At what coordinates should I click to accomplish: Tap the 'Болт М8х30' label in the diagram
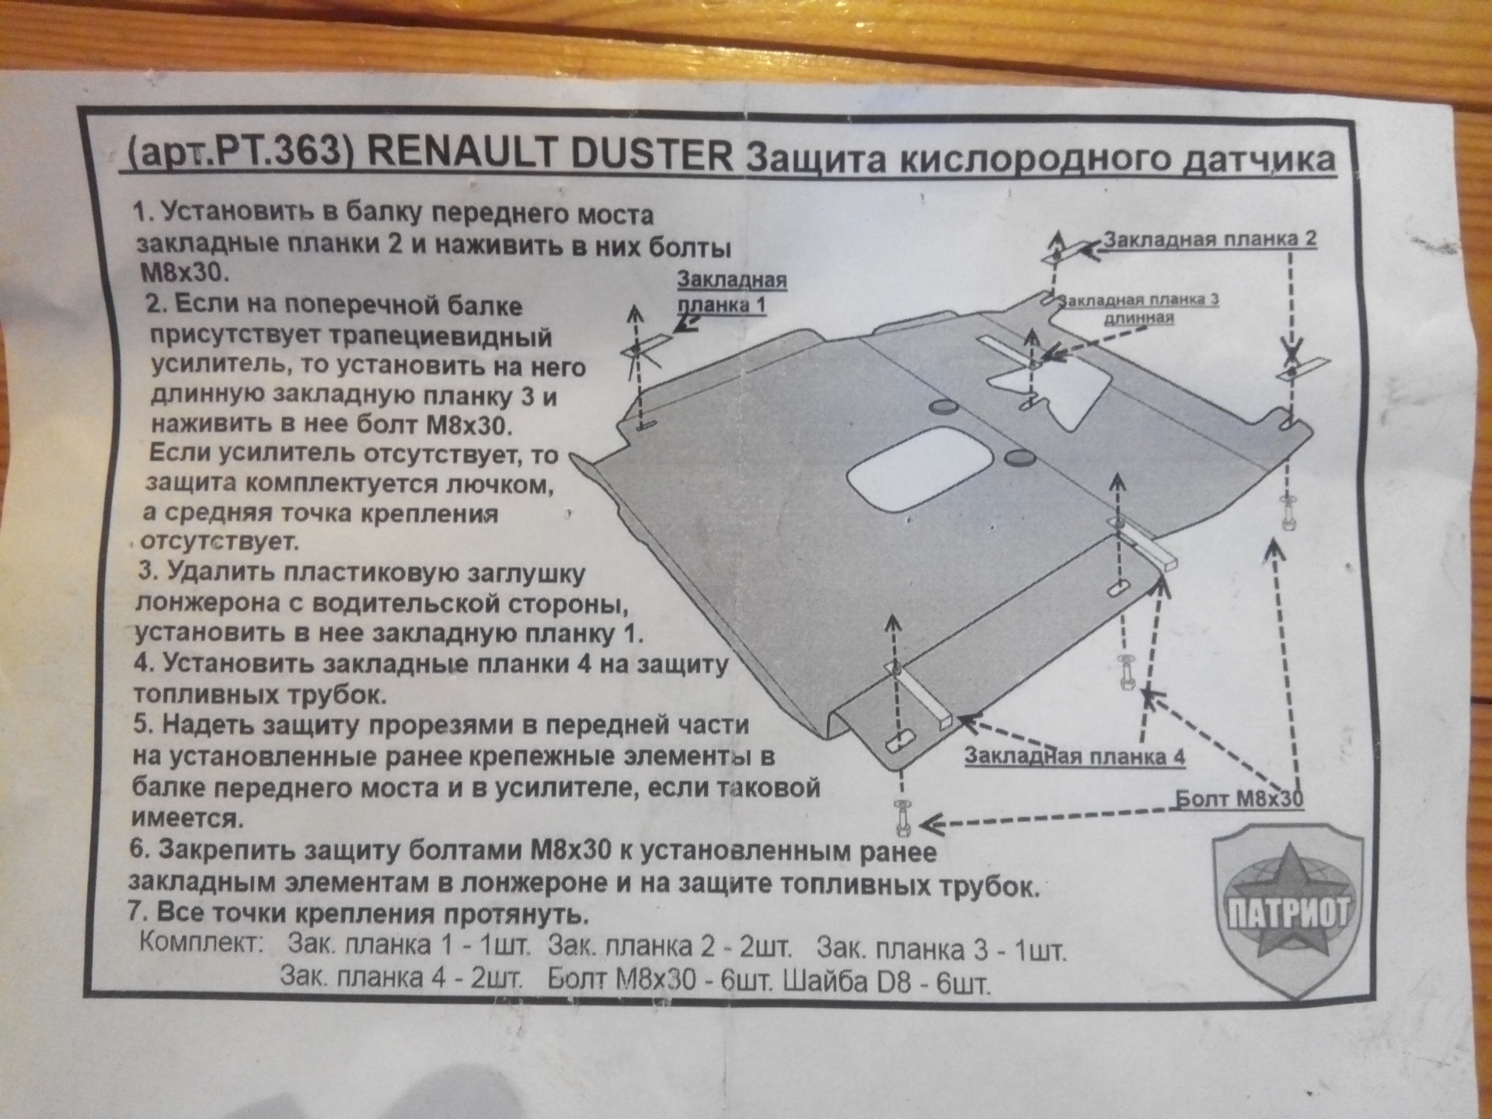pyautogui.click(x=1239, y=798)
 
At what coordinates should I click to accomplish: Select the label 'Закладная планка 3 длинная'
pyautogui.click(x=1139, y=309)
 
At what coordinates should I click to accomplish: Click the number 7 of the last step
pyautogui.click(x=134, y=911)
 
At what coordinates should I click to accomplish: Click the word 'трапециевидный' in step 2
pyautogui.click(x=351, y=338)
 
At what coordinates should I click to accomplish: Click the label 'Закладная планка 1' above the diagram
pyautogui.click(x=732, y=291)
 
